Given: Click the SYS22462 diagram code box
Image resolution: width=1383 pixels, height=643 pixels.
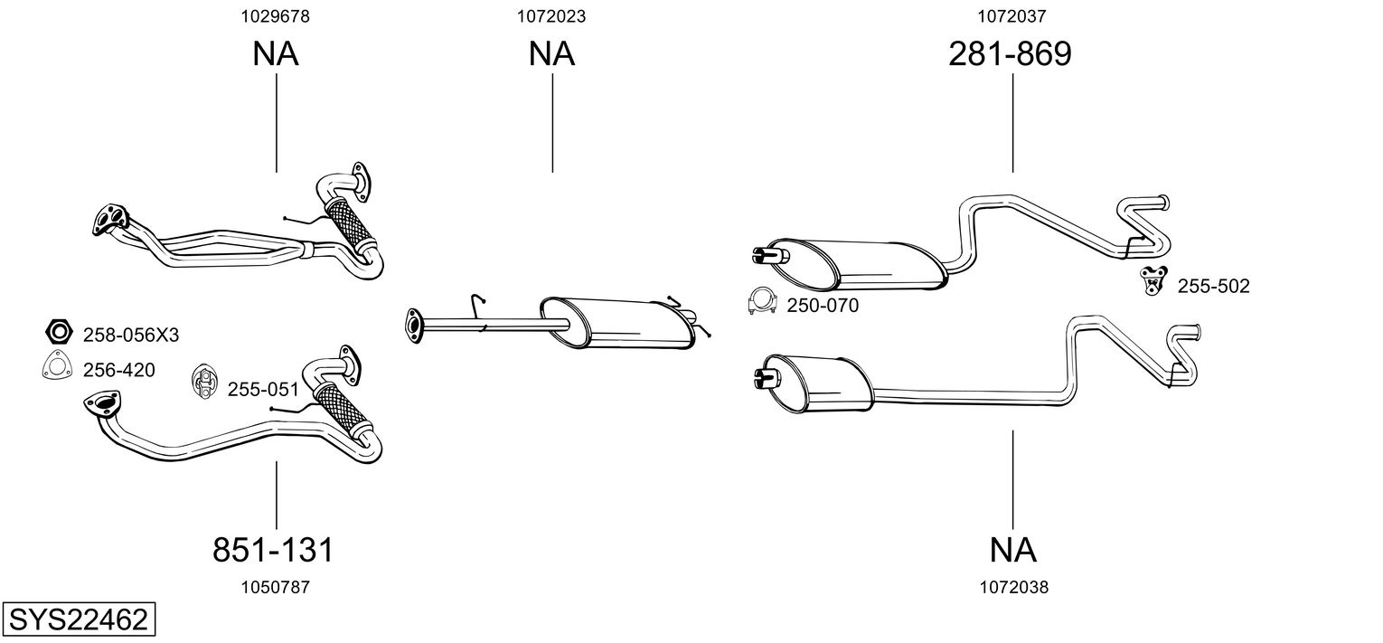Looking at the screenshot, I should [78, 620].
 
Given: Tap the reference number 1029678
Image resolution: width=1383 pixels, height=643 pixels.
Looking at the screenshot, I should [276, 15].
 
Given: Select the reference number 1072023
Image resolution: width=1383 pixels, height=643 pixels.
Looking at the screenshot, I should [551, 15].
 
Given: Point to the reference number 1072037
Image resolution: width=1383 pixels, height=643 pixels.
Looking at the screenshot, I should [1011, 15].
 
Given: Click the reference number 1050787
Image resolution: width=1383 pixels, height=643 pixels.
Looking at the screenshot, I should [276, 587].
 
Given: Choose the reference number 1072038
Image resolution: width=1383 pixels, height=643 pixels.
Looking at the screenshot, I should [1013, 587].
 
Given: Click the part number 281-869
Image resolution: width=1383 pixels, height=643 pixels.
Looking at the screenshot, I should [1010, 54].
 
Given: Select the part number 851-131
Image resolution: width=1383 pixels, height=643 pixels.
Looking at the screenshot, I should [274, 549].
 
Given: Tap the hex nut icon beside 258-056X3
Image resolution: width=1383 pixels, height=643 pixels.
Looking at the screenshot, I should [57, 332].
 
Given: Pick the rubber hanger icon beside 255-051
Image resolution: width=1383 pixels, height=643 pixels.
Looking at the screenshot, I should [204, 383].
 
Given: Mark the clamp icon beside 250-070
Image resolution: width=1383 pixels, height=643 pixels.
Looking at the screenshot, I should [762, 303].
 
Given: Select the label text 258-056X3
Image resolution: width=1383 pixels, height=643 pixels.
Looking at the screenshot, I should [131, 336].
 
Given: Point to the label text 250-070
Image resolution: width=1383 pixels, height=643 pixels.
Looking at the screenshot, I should [823, 306].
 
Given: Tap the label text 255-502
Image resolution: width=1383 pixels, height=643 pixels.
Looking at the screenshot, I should [1213, 287].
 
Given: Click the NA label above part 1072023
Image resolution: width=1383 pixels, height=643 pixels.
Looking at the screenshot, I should [551, 54].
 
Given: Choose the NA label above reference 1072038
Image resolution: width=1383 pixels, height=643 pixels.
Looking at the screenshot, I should [1012, 549].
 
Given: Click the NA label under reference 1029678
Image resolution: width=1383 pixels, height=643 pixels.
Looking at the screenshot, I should [276, 54].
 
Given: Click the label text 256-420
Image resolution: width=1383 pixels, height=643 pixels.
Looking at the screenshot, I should [118, 370].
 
